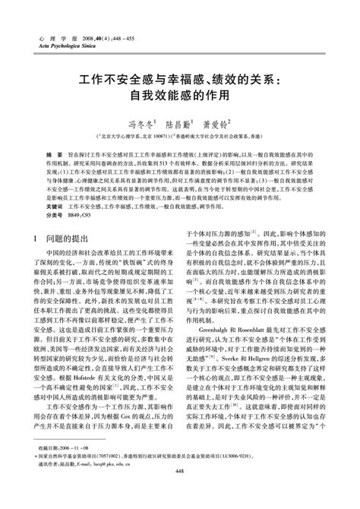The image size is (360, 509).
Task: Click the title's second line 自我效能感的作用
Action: point(180,97)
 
